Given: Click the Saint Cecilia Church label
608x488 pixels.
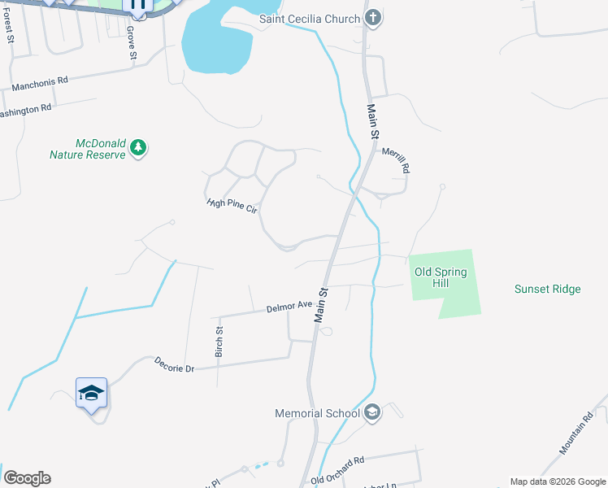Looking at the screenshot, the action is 309,19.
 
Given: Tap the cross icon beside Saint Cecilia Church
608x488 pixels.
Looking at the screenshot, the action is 373,18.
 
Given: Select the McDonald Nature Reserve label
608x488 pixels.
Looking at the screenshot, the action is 88,148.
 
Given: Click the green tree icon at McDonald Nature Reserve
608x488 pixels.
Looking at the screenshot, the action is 139,148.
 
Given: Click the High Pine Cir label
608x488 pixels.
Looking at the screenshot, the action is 232,206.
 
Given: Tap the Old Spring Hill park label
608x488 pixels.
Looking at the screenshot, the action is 441,278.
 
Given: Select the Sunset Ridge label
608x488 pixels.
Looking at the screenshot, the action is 547,289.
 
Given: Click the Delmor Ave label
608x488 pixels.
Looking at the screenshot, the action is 289,307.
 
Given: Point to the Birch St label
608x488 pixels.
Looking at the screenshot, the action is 219,342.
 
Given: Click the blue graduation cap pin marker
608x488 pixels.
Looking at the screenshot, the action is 92,394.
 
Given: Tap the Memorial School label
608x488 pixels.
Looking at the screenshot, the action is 317,413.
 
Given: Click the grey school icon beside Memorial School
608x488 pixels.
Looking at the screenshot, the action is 373,413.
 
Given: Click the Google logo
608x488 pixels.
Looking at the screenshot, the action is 27,478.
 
